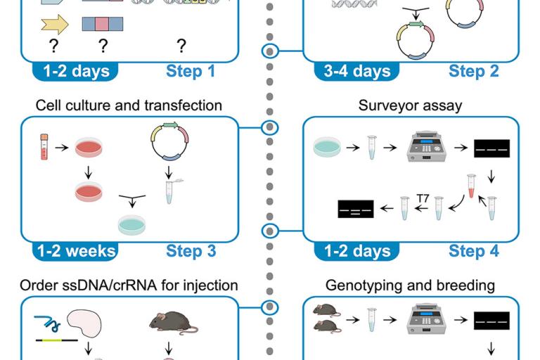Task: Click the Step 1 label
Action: pos(191,71)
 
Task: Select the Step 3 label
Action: pos(191,251)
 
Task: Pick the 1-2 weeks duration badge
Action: pos(74,251)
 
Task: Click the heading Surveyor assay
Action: pos(410,106)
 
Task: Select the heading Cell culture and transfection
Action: pos(129,106)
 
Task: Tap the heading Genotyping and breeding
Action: pos(410,285)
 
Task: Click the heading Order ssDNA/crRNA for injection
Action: pos(129,285)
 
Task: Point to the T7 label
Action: pos(422,199)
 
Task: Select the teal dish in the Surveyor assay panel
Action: pos(328,147)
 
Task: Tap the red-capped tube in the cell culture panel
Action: pos(43,146)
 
